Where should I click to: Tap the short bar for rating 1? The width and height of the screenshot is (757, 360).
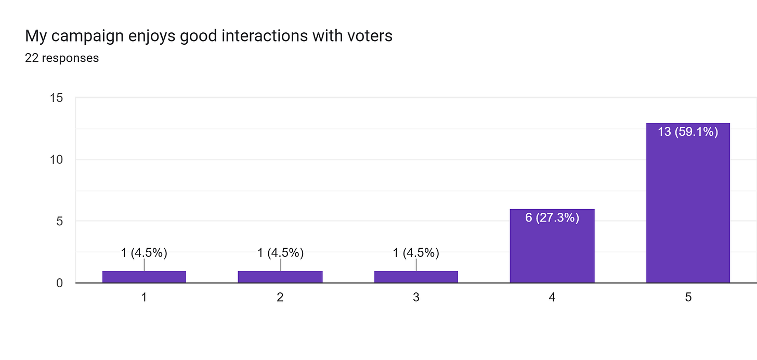coord(144,277)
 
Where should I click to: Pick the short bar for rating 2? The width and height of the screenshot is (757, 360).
coord(280,277)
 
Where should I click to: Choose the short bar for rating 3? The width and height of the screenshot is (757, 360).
coord(416,277)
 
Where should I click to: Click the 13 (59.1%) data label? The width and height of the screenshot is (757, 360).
coord(688,132)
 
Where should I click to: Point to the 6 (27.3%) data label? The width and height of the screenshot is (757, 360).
coord(552,217)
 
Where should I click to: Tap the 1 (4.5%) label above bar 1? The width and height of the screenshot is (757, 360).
coord(144,253)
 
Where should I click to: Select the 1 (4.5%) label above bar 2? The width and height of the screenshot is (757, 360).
coord(280,253)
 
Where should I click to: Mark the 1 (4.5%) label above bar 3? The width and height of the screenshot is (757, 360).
coord(416,253)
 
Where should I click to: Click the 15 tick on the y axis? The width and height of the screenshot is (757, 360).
coord(57,98)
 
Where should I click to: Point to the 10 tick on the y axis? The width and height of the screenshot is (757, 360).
coord(57,160)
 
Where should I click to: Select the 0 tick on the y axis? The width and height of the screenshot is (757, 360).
coord(60,283)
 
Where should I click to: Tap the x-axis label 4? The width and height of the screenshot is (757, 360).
coord(552,298)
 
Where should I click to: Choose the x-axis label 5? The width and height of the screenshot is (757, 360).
coord(688,298)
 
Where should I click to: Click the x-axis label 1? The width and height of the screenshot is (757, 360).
coord(144,298)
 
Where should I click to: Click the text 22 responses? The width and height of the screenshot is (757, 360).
coord(62,58)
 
